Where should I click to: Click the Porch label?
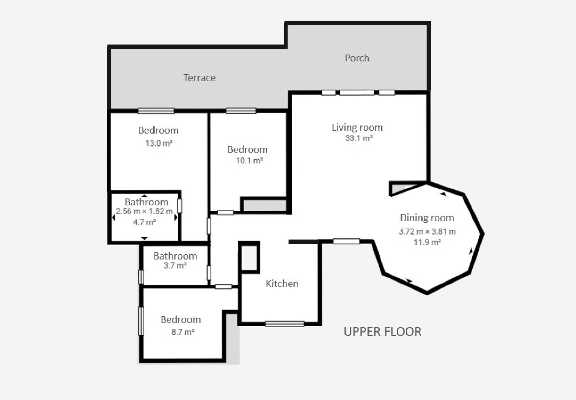(357, 58)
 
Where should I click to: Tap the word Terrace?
(200, 78)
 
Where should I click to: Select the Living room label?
(357, 127)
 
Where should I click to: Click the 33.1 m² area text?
(359, 138)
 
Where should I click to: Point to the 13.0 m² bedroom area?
(159, 143)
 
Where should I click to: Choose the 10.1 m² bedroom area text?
(250, 161)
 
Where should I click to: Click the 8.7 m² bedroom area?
(183, 332)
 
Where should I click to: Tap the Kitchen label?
(282, 284)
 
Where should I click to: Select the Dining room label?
(427, 218)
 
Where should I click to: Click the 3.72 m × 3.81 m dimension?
(427, 231)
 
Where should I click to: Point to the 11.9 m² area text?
(427, 242)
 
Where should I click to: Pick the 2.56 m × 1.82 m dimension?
(144, 211)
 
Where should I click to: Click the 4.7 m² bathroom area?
(144, 222)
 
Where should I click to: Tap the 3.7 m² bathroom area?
(175, 266)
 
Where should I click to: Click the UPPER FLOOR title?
(382, 332)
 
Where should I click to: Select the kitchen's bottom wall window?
(285, 324)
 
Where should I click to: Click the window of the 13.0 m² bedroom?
(156, 111)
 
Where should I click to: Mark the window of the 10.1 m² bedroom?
(241, 111)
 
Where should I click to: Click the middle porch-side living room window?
(357, 93)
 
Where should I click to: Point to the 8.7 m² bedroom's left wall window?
(141, 321)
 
